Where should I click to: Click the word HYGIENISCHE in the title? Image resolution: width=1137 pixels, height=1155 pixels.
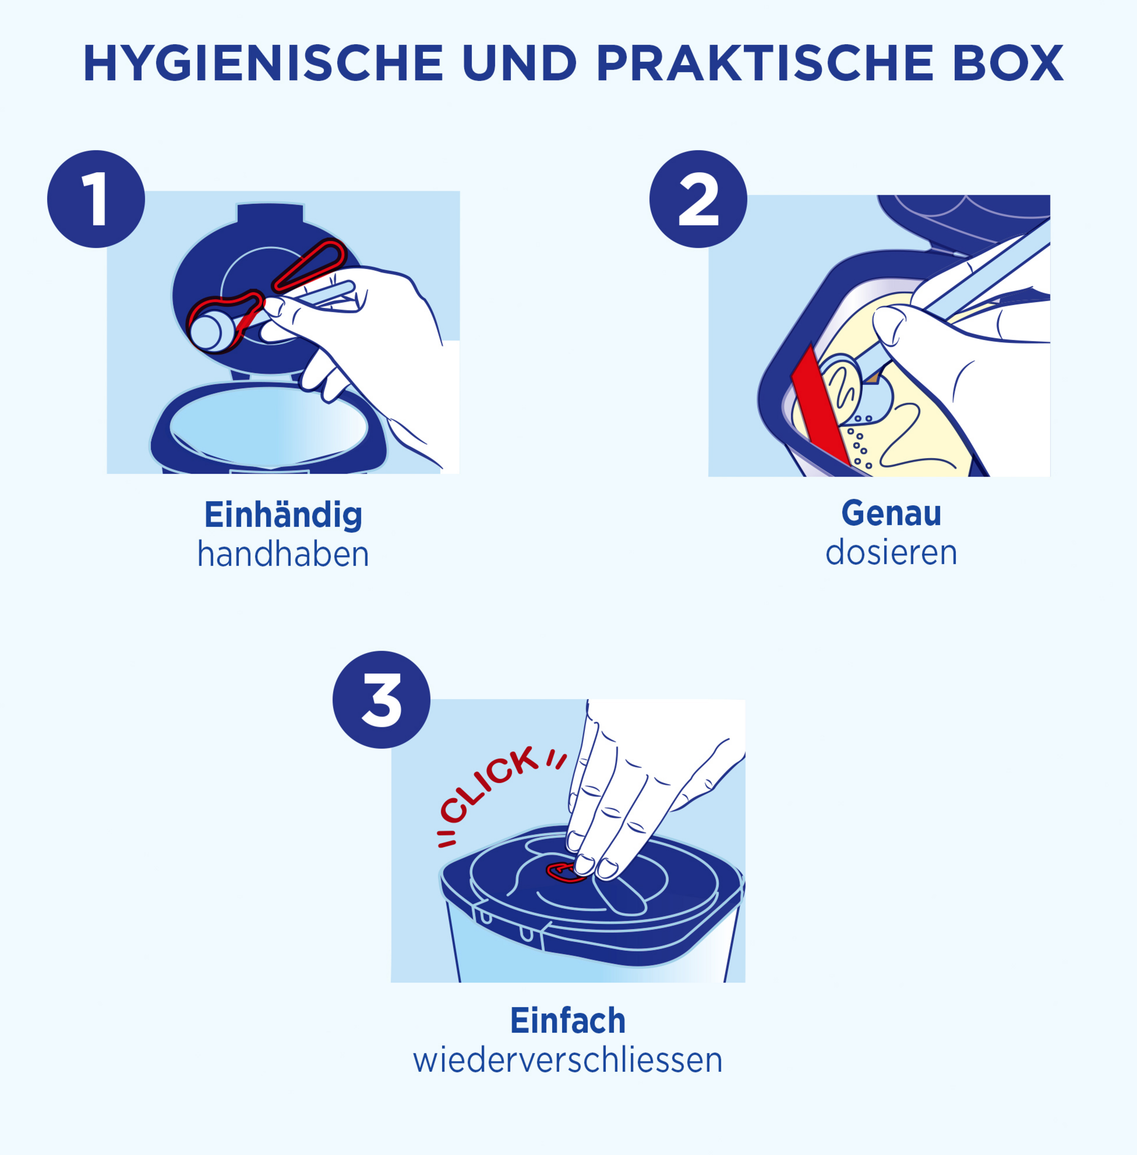coord(263,63)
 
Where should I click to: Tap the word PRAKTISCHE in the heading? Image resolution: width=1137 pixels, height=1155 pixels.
coord(765,63)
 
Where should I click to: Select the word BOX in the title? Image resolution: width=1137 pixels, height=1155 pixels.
coord(1008,63)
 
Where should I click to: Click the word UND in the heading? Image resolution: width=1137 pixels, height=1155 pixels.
coord(520,63)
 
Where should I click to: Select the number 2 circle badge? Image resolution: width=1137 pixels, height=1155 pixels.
coord(698,199)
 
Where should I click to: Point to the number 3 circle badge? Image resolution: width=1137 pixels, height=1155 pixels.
coord(381,700)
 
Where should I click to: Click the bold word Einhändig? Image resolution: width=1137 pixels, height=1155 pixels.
coord(283,515)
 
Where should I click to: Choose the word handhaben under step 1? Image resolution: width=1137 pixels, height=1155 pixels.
coord(283,554)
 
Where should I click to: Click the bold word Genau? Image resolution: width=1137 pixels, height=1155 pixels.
coord(891,513)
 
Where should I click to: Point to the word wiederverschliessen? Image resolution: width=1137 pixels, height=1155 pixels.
coord(568,1061)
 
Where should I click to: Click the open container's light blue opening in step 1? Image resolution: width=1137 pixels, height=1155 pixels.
coord(268,427)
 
